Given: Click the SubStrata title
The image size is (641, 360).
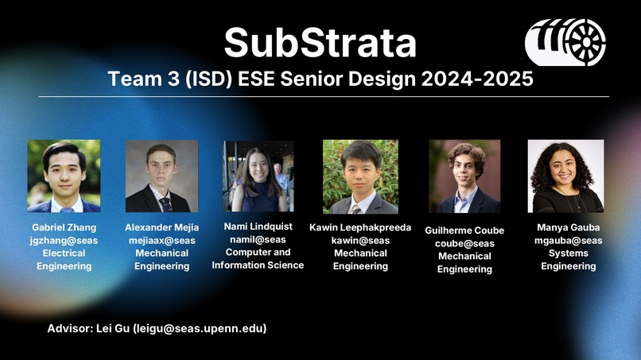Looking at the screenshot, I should click(x=320, y=42).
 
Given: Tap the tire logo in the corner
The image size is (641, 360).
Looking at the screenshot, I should click(x=565, y=42).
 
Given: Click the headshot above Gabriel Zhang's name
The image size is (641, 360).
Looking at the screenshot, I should click(x=64, y=176).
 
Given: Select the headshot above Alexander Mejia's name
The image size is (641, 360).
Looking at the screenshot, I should click(x=161, y=176).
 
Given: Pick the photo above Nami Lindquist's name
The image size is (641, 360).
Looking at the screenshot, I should click(x=258, y=176).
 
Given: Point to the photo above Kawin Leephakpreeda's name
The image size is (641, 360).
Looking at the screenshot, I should click(x=360, y=176).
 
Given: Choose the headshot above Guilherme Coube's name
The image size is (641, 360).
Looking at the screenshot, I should click(x=464, y=176).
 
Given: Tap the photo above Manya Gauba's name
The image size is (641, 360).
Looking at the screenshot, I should click(x=565, y=176).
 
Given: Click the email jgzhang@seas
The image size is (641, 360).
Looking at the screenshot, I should click(x=64, y=240).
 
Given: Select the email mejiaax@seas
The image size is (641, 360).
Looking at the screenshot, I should click(x=161, y=240).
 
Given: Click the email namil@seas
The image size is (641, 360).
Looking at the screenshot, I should click(x=258, y=239).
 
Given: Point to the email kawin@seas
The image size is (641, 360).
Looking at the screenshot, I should click(x=360, y=240).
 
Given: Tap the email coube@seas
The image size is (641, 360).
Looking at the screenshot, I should click(x=464, y=243).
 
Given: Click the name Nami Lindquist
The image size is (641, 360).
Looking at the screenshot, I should click(x=258, y=226).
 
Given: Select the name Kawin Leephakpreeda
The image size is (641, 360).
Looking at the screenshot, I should click(x=360, y=227).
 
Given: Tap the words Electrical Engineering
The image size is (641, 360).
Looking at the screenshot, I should click(x=64, y=259).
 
